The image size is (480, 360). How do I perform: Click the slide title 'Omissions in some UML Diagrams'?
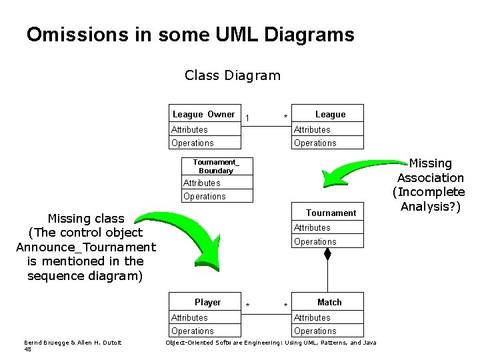[x=190, y=35]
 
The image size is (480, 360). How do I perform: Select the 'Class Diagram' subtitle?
[x=232, y=75]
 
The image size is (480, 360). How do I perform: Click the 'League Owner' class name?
[x=203, y=114]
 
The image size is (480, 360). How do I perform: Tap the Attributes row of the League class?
[x=329, y=129]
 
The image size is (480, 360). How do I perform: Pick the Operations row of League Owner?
[x=203, y=143]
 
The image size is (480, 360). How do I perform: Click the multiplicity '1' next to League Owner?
[x=247, y=118]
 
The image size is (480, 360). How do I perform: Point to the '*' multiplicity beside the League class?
[x=285, y=118]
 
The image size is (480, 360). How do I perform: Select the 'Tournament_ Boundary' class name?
[x=217, y=166]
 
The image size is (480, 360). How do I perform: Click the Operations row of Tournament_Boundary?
[x=218, y=196]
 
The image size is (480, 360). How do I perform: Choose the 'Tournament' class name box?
[x=329, y=213]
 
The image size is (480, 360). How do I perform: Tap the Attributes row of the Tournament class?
[x=329, y=227]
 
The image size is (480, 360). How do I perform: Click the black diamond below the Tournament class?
[x=327, y=254]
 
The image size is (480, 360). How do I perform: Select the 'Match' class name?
[x=329, y=302]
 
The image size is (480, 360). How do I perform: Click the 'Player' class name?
[x=207, y=302]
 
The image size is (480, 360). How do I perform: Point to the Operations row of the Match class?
[x=329, y=331]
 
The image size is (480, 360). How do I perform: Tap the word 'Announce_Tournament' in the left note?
[x=85, y=247]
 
